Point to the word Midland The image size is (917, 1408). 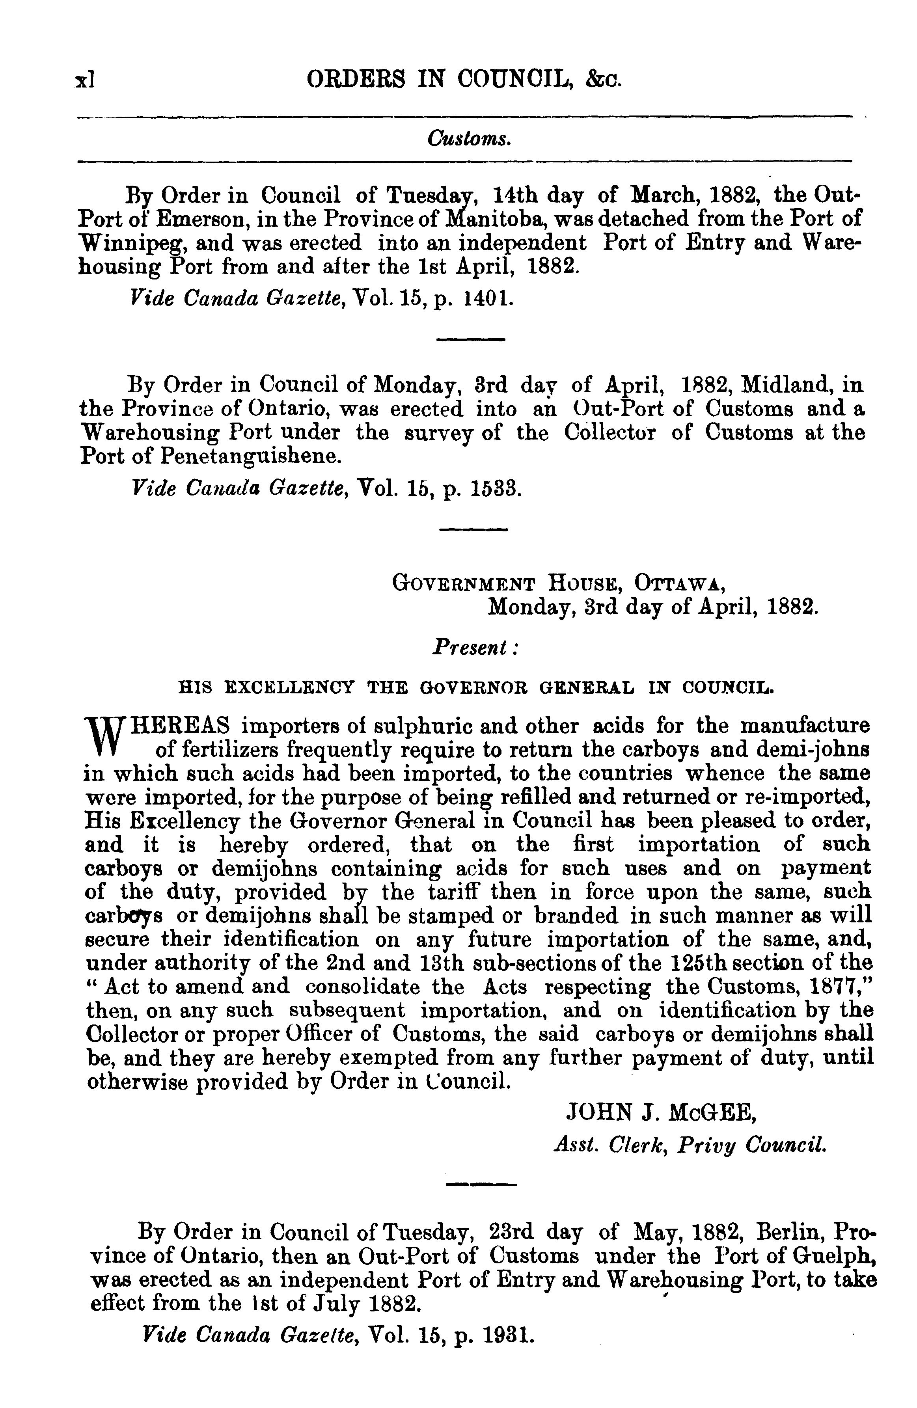click(780, 385)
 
